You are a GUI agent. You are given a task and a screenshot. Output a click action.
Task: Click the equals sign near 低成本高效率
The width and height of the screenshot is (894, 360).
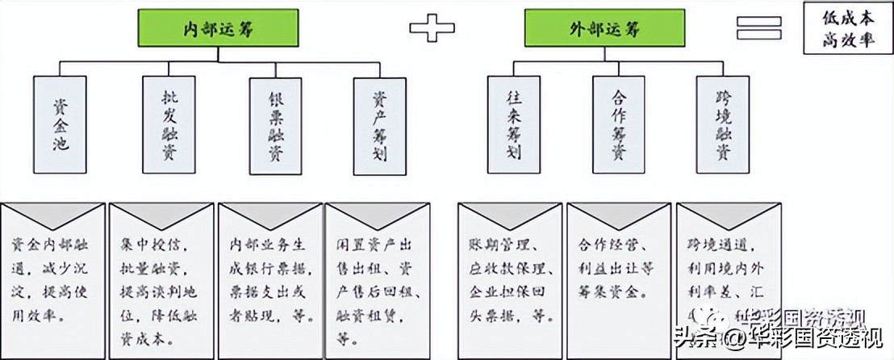(758, 27)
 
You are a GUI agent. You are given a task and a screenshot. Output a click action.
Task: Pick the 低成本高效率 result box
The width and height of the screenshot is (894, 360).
(847, 28)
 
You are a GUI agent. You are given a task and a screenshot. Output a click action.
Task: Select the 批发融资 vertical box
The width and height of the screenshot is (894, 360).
(169, 123)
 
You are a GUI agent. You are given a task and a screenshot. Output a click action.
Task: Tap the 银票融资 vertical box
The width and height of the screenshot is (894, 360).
(276, 125)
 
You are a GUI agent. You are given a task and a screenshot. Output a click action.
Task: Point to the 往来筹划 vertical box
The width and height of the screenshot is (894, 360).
(513, 123)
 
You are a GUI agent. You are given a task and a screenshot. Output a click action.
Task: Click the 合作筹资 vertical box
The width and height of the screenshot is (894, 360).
(619, 123)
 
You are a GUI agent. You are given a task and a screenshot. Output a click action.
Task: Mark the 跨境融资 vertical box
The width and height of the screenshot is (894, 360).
(723, 123)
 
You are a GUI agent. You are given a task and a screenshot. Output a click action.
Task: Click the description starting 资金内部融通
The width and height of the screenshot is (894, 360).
(53, 279)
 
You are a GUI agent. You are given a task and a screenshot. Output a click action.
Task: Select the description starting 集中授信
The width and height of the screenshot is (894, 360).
(161, 279)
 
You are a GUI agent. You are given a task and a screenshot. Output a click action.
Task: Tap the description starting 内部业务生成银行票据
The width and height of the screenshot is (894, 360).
(269, 279)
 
